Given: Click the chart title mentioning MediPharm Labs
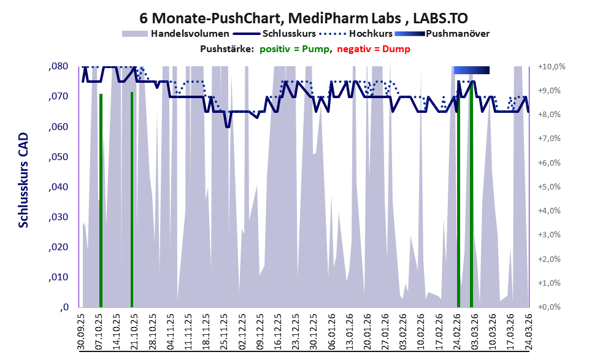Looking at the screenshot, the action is (x=304, y=18).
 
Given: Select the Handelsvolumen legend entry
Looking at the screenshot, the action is (x=175, y=34).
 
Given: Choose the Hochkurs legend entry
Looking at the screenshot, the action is (x=356, y=34).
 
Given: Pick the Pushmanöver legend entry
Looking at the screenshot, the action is (x=442, y=34).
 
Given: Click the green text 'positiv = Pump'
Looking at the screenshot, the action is (x=294, y=49).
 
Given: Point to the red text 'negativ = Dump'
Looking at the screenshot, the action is (x=374, y=49).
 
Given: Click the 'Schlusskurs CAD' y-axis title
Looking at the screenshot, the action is (x=24, y=180).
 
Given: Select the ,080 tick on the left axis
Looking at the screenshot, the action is (x=58, y=66).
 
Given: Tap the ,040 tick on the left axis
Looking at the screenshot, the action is (x=58, y=187).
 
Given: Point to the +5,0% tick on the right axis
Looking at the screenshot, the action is (x=549, y=187).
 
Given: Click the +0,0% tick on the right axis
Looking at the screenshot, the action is (x=549, y=307).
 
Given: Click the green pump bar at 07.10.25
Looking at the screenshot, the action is (x=101, y=201).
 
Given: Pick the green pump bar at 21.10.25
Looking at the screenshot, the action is (x=132, y=199).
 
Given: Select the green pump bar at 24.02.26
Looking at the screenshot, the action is (x=458, y=194).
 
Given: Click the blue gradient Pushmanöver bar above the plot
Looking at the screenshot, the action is (x=472, y=70).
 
